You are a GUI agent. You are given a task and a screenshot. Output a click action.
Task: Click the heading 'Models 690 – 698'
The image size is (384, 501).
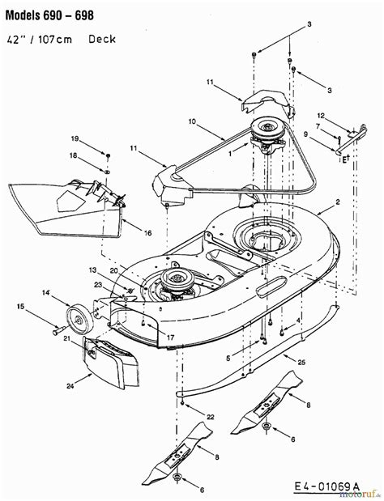point(50,16)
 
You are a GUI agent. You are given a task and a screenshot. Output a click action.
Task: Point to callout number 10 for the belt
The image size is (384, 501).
point(193,121)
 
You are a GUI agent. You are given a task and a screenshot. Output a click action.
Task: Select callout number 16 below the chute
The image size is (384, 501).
point(148,232)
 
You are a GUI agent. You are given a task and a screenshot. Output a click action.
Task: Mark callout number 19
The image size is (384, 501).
point(95,137)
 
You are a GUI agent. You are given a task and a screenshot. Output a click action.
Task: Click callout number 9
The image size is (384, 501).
point(306,134)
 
